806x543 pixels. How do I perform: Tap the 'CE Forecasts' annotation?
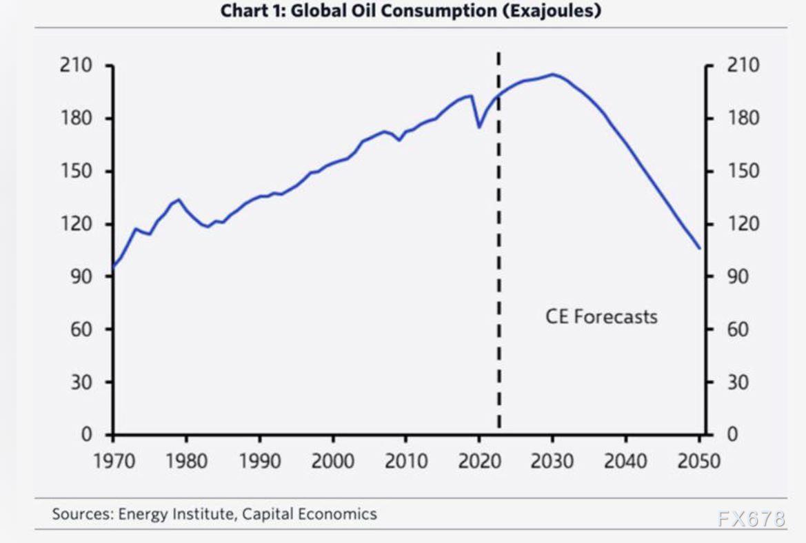[601, 316]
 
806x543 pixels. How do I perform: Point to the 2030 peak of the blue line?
[552, 74]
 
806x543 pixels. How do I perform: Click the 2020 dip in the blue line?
[479, 127]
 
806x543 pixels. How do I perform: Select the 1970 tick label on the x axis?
[113, 460]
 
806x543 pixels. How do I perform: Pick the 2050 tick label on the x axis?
[698, 460]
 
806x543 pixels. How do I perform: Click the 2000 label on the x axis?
[333, 460]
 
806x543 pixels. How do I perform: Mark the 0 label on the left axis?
[87, 435]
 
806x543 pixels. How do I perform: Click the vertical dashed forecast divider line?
[498, 276]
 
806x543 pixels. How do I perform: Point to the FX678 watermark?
[752, 519]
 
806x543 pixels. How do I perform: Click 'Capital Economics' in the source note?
[309, 513]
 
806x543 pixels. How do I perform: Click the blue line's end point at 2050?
[699, 248]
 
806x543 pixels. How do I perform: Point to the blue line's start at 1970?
[112, 267]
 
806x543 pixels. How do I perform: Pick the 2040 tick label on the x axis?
[625, 460]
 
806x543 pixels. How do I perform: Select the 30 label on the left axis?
[81, 382]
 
